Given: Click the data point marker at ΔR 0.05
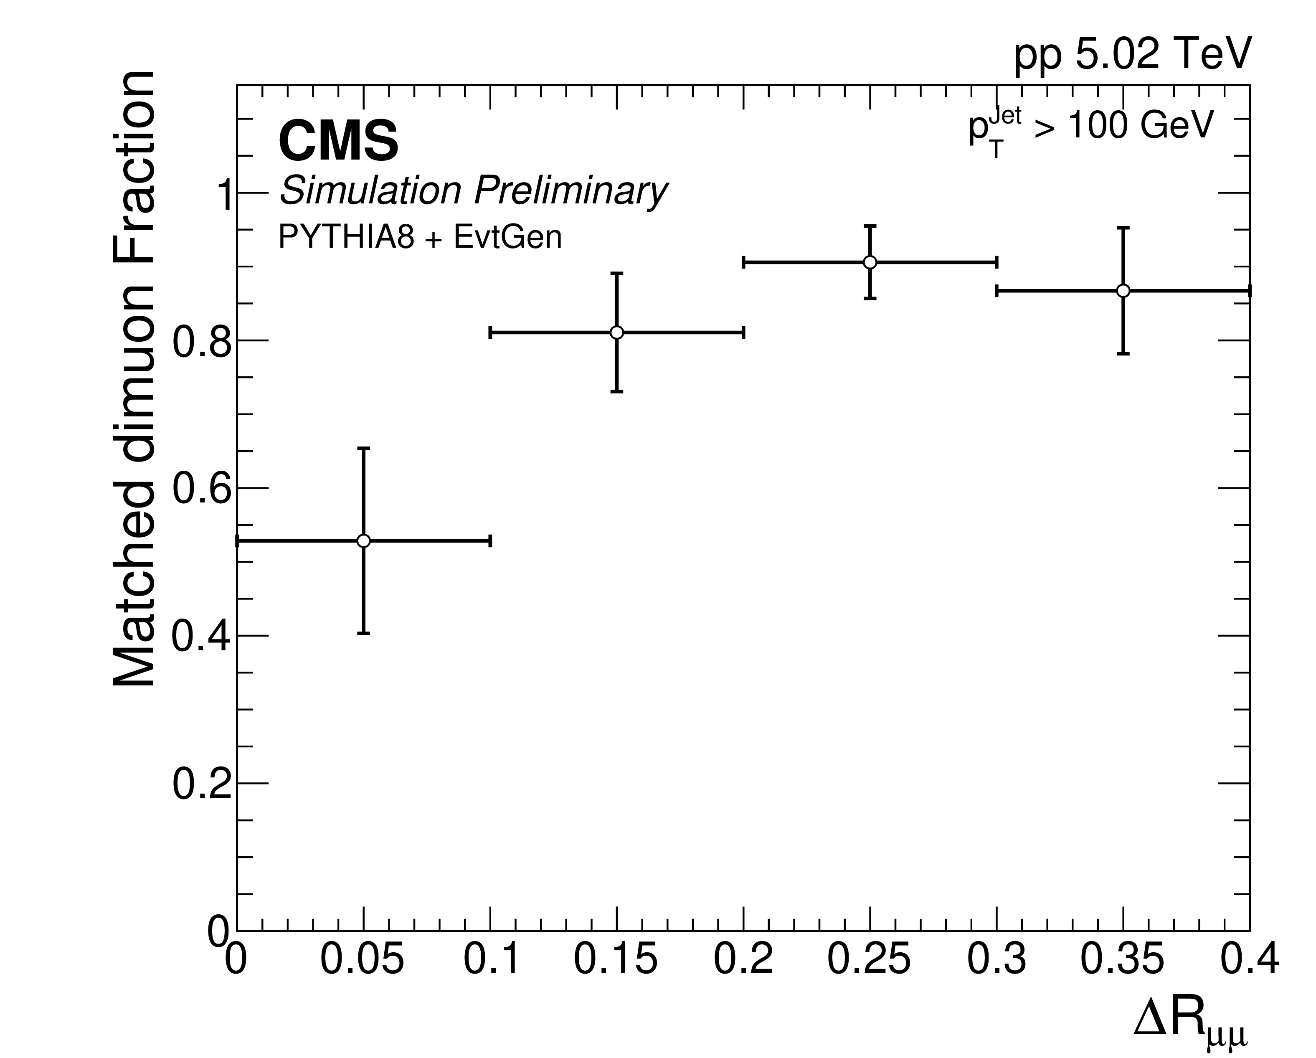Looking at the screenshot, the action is [363, 541].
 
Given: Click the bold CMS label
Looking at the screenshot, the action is [338, 141].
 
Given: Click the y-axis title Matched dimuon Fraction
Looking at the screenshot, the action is [134, 380].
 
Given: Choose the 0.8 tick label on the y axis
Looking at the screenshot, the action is [201, 341].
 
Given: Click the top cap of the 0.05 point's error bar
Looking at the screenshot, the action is [363, 448].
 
